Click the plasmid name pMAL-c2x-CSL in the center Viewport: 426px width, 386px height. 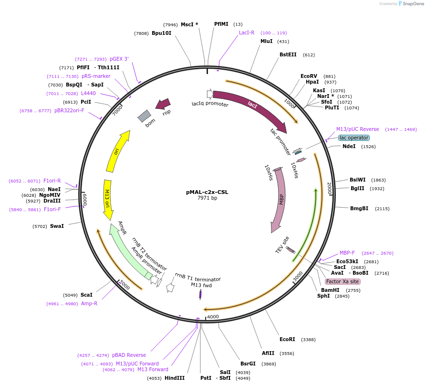207,192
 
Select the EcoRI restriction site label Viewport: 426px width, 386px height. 287,339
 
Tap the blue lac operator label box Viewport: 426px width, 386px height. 354,138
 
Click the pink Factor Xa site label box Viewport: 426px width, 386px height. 343,281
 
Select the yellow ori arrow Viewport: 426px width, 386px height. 117,151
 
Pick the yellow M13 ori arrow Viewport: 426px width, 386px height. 108,199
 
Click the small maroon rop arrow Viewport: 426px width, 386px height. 163,104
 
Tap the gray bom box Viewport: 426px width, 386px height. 144,116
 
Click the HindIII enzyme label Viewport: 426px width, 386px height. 175,378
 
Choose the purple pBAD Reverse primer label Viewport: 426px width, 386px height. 129,355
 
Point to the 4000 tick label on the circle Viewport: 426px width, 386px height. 213,317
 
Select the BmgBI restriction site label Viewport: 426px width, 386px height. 359,208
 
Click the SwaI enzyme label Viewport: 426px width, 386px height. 57,226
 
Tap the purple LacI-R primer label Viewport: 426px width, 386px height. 247,32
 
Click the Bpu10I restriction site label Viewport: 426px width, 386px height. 161,33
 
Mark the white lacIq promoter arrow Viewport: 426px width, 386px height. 210,94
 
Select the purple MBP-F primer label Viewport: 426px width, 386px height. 347,253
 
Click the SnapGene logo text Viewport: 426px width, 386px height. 413,3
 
